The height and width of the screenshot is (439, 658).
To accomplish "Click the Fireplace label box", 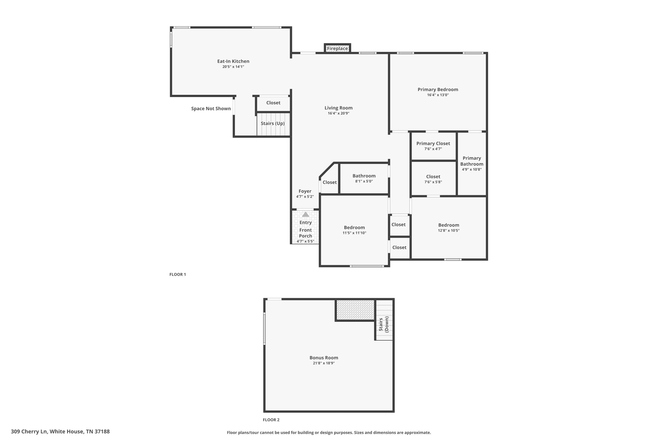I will coord(337,49).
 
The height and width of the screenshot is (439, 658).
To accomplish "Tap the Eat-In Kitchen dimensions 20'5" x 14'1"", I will coord(233,67).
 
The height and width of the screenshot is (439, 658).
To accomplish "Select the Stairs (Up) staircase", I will coord(273,124).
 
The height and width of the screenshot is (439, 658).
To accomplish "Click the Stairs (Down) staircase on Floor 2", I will coord(384,320).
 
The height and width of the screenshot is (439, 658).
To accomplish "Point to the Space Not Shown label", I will coord(211,109).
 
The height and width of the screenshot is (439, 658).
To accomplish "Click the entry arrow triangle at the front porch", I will coord(306,215).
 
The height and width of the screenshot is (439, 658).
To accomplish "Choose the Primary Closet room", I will coord(433,146).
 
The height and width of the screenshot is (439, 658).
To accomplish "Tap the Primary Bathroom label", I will coord(472,161).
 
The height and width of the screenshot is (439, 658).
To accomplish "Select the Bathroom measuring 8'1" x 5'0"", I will coord(364,178).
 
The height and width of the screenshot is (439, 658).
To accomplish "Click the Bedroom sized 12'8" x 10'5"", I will coord(449,228).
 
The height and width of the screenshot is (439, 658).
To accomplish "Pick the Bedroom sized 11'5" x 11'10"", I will coord(354,230).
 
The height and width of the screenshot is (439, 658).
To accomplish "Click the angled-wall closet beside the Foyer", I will coord(329,182).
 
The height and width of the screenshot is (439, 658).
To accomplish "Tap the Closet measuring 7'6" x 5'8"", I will coord(433,179).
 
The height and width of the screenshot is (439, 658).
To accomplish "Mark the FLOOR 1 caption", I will coord(178,274).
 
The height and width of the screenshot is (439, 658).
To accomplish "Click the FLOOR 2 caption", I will coord(271,420).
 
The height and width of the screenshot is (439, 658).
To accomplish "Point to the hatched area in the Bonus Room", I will coord(355,310).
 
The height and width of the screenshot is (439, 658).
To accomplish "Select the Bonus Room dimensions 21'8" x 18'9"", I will coord(324,363).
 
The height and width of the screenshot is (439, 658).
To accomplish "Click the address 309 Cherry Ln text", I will coord(60,432).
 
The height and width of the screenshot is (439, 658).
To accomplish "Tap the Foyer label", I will coord(305,191).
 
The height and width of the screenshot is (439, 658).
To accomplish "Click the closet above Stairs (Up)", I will coord(273,103).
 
